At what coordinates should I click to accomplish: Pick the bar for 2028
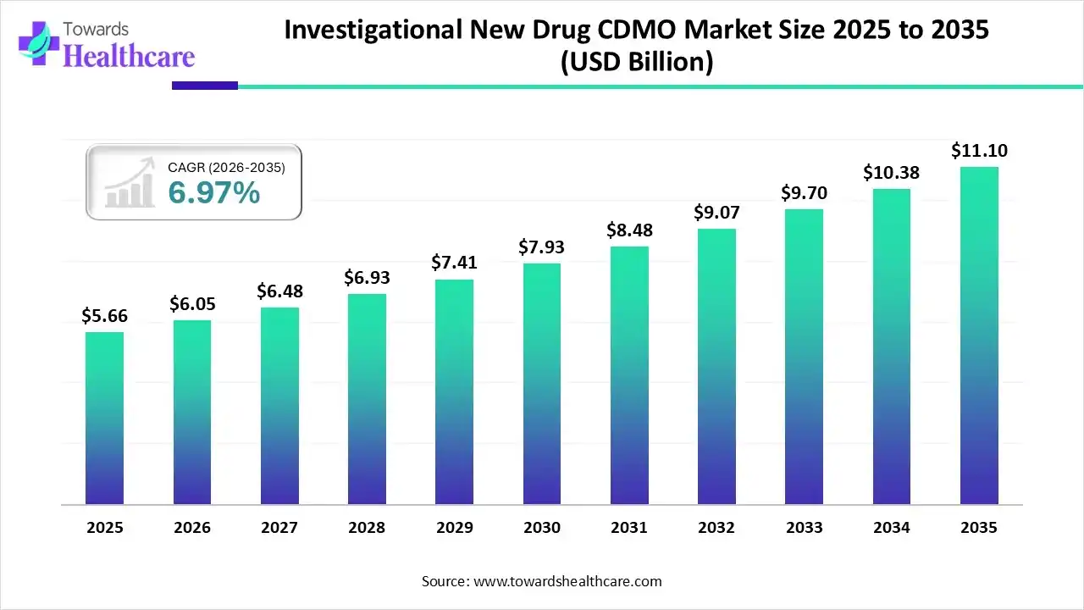pos(367,399)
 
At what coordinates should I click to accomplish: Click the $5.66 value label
pos(104,315)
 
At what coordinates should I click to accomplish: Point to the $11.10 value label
pos(979,151)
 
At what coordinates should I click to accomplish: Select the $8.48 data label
pos(629,230)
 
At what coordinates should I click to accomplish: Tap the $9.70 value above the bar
pos(804,192)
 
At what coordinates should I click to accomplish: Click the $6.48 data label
pos(279,291)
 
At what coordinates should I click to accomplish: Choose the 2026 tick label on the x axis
pos(192,527)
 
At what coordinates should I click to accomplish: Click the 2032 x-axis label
pos(716,527)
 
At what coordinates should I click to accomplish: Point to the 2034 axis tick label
pos(892,527)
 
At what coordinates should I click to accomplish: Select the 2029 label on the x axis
pos(454,527)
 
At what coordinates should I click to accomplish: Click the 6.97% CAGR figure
pos(213,193)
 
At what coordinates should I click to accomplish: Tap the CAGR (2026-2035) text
pos(226,168)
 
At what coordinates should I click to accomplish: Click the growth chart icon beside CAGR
pos(129,182)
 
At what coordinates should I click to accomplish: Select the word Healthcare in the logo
pos(129,56)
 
